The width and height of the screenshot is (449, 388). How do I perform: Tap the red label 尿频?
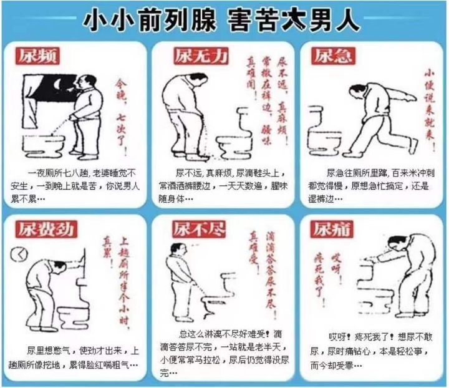(x=36, y=56)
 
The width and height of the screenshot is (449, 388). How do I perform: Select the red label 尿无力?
(x=200, y=56)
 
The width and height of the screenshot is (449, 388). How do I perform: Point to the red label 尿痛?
(x=331, y=228)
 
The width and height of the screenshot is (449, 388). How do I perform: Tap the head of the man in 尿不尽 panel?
(x=176, y=249)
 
